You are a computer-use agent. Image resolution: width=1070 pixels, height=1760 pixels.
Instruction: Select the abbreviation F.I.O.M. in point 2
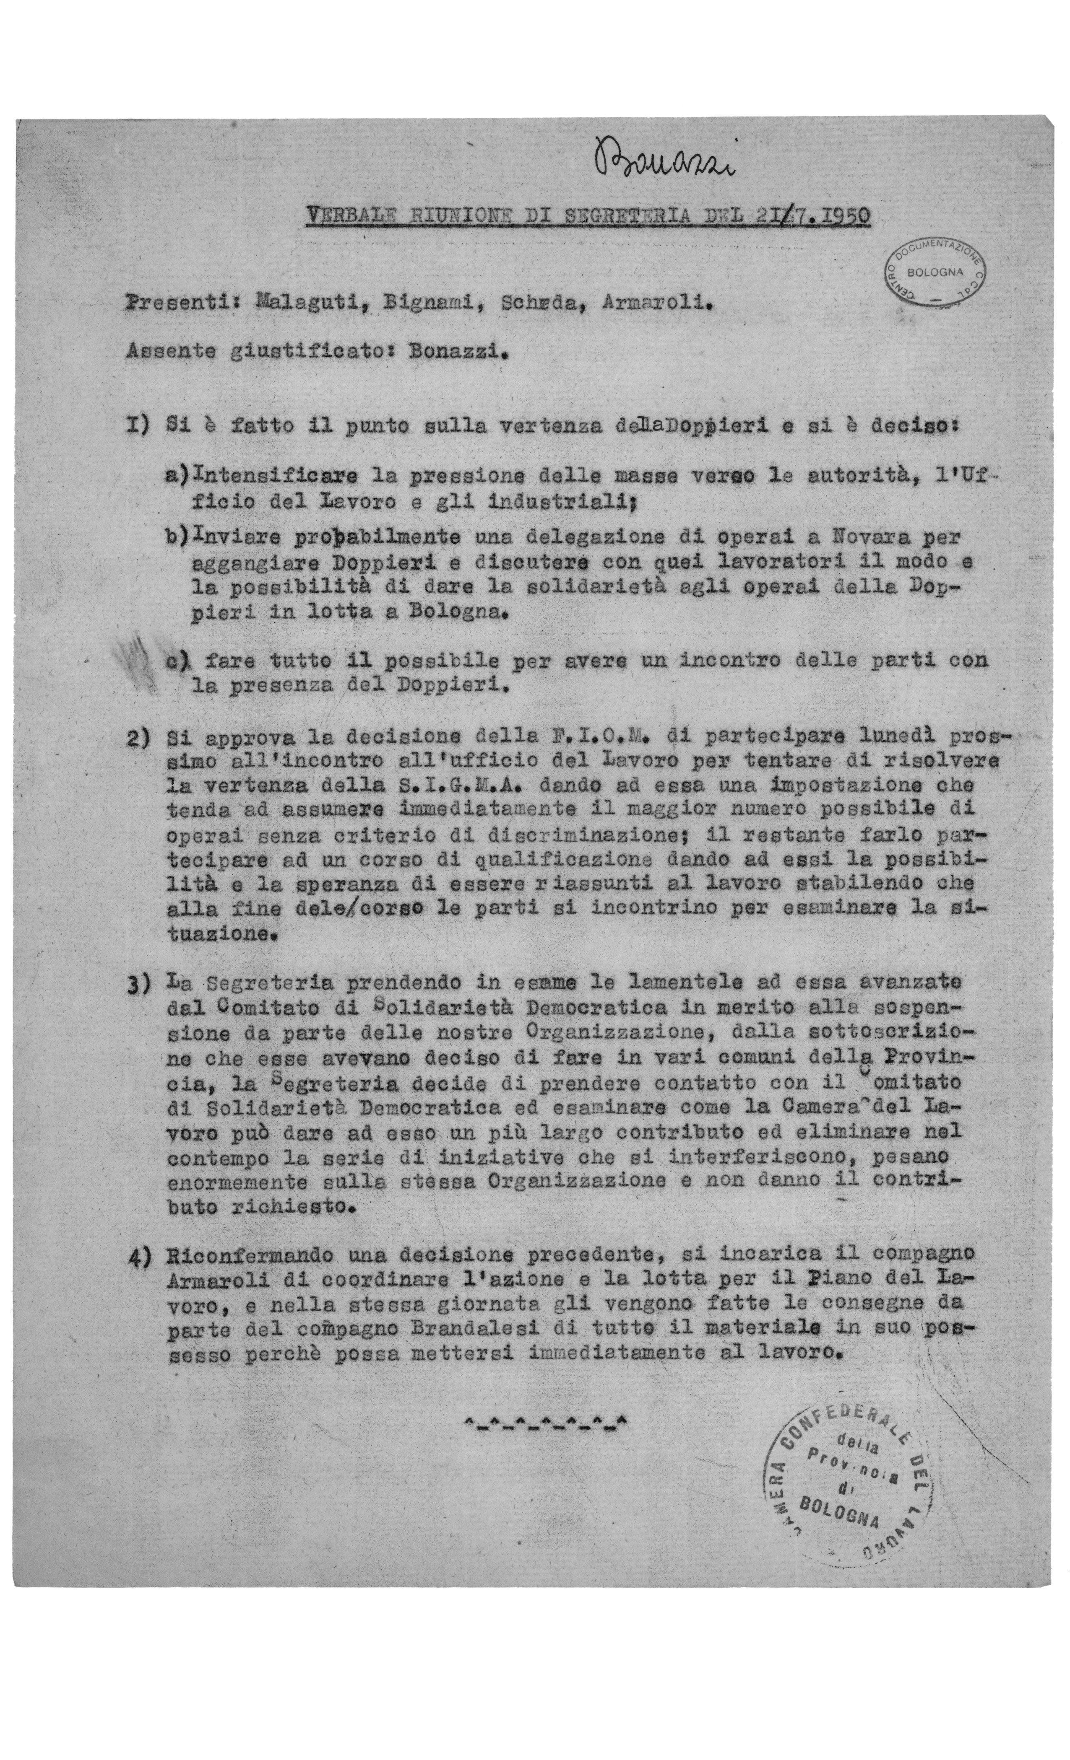tap(603, 736)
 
